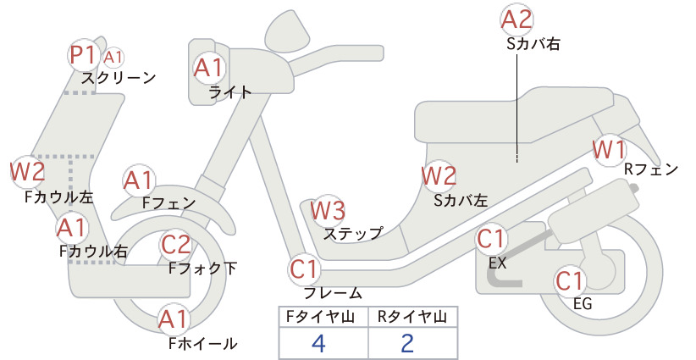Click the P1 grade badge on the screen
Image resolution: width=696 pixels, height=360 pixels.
click(x=84, y=55)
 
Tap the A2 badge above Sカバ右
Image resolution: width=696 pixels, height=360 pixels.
click(x=516, y=20)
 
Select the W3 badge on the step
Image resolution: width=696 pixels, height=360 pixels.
click(x=328, y=210)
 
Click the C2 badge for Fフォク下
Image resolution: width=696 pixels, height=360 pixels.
click(x=175, y=245)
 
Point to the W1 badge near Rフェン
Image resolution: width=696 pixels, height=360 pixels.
click(x=610, y=150)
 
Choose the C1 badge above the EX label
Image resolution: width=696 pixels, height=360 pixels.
click(x=491, y=239)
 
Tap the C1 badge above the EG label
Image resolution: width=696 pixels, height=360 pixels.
click(x=570, y=280)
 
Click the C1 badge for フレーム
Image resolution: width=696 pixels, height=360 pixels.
click(x=304, y=269)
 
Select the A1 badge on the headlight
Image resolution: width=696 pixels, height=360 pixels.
click(x=208, y=68)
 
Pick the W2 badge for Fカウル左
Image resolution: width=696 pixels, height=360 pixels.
click(x=28, y=171)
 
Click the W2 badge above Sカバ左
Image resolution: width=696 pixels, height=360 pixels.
click(x=439, y=176)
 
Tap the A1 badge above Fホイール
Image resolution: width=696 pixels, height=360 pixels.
click(x=174, y=319)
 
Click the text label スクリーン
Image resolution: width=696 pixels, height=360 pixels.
click(x=119, y=78)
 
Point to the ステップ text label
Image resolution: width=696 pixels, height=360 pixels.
click(x=353, y=234)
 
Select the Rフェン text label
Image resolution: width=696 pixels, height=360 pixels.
click(x=651, y=169)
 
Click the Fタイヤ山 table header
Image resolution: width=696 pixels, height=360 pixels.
click(x=320, y=317)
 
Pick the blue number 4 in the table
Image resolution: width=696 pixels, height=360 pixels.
click(x=319, y=343)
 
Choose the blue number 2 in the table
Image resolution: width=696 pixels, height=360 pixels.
click(x=407, y=343)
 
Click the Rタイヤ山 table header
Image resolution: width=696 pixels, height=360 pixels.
click(x=412, y=317)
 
